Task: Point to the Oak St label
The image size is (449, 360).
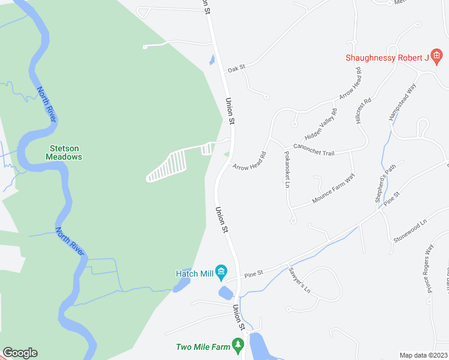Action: coord(236,70)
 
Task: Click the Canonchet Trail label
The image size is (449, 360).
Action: coord(313,150)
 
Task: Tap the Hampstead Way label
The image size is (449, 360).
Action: coord(403,101)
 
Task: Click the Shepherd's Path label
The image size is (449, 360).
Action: coord(386,183)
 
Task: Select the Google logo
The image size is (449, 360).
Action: coord(20,353)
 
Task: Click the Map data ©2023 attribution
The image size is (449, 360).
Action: coord(423,355)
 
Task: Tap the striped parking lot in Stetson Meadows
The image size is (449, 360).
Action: coord(167,166)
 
